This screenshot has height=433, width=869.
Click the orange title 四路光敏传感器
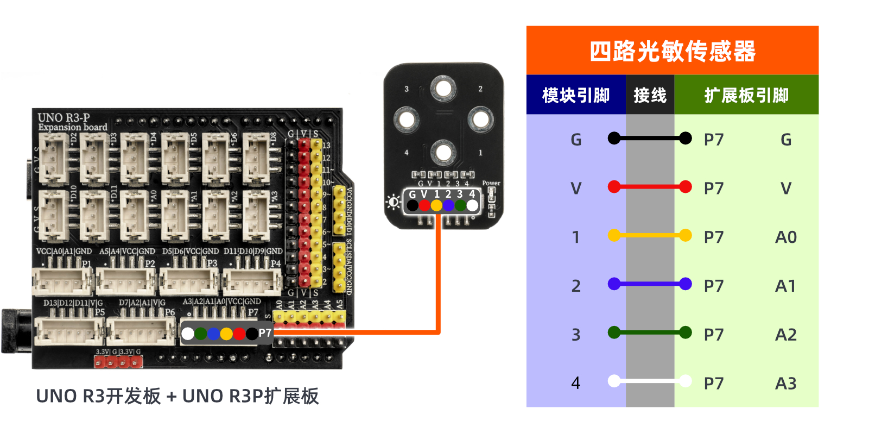[672, 51]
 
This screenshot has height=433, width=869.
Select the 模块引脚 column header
[576, 95]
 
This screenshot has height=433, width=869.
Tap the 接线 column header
[650, 95]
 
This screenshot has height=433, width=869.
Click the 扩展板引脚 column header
[746, 95]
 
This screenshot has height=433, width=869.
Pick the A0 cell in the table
[785, 237]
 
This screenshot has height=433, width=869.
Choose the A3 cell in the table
[785, 383]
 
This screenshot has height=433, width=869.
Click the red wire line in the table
[650, 187]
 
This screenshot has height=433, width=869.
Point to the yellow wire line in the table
[650, 235]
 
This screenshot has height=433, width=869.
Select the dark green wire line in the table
[650, 332]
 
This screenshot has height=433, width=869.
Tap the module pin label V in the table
[576, 189]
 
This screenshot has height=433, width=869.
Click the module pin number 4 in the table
[576, 383]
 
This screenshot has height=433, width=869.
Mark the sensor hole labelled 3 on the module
[443, 89]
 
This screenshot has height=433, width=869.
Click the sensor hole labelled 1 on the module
[443, 153]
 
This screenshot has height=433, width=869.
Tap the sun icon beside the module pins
[393, 203]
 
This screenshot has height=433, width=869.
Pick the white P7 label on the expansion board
[265, 333]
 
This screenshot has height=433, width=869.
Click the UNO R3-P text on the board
[64, 117]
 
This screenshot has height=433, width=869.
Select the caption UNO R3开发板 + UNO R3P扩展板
[177, 396]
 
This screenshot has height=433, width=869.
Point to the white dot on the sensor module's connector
[472, 205]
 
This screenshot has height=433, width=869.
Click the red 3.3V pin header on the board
[118, 362]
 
